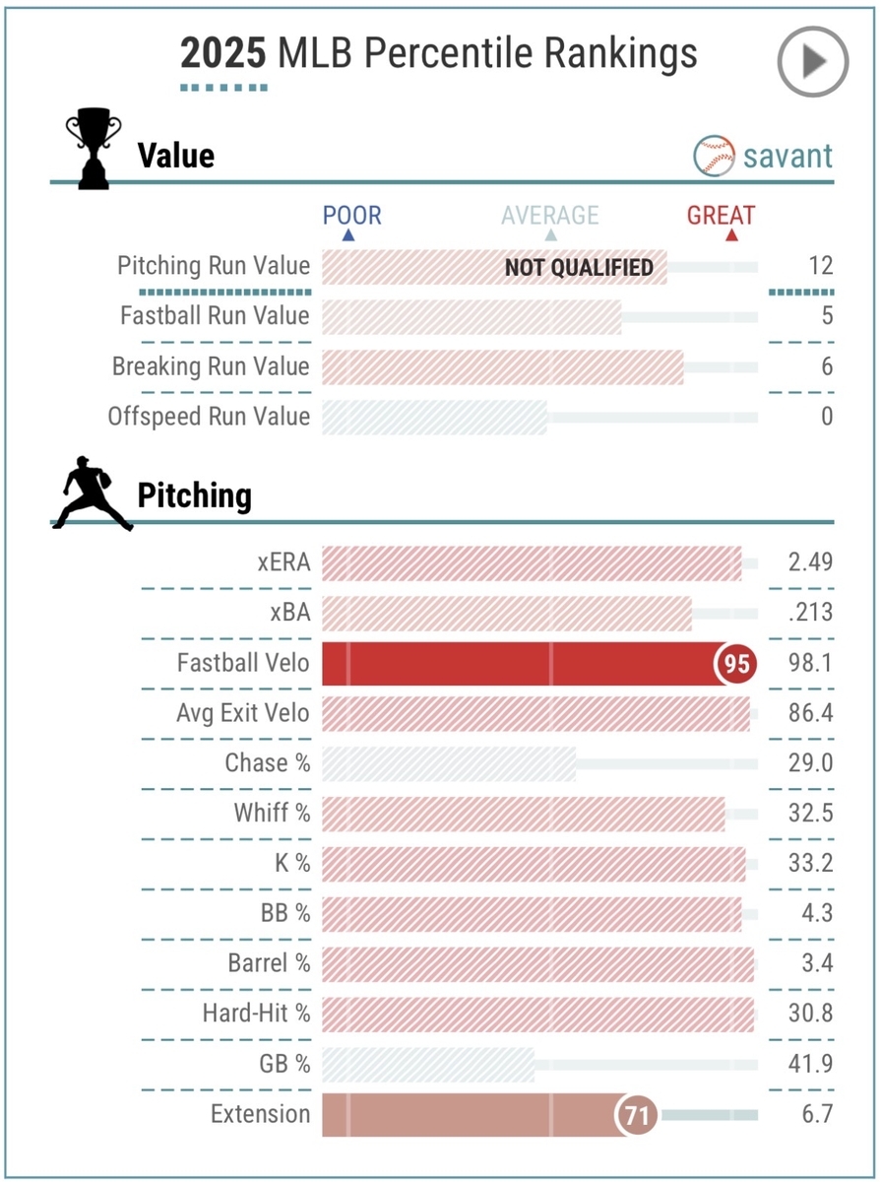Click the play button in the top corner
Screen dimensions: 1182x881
(x=812, y=62)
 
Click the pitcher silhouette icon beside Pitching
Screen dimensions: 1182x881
(x=91, y=495)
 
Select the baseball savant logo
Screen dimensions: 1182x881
(x=764, y=156)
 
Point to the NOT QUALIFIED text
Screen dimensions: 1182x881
(x=579, y=267)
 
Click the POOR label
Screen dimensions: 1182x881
(x=351, y=216)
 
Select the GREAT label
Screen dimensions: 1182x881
(x=722, y=216)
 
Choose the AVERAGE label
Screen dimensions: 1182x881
(x=549, y=216)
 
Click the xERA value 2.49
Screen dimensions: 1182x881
(x=810, y=562)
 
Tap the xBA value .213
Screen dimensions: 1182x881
(x=810, y=613)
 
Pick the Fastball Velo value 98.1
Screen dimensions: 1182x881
(x=810, y=663)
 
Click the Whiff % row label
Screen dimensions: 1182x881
(x=272, y=814)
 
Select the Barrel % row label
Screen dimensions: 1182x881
(x=269, y=963)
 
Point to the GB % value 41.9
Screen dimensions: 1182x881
(x=810, y=1064)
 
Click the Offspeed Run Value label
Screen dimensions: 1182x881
(x=209, y=417)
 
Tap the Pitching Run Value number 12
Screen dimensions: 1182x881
(x=821, y=266)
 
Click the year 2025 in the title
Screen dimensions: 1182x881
(x=222, y=53)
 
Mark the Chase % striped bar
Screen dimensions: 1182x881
(x=449, y=763)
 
